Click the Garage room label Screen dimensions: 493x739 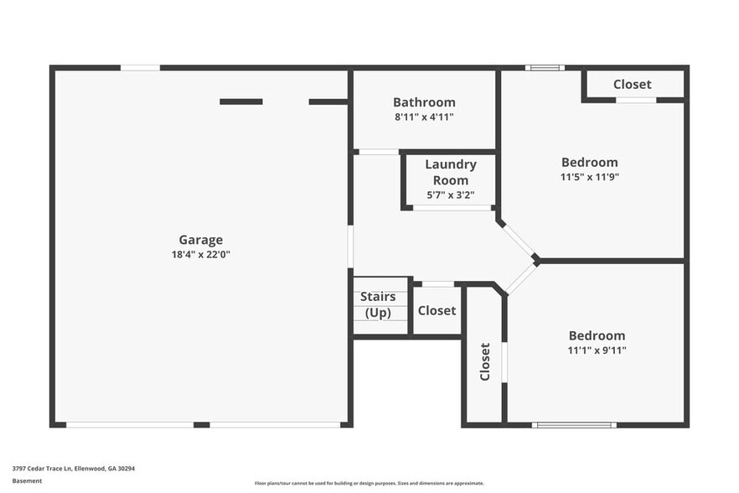click(200, 240)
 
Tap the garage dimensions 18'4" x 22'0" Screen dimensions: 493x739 click(200, 254)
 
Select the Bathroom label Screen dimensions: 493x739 click(424, 102)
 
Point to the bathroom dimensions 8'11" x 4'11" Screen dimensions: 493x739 click(424, 117)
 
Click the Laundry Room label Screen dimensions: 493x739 click(451, 172)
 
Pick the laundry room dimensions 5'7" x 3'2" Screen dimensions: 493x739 click(451, 195)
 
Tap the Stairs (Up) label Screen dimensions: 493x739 click(378, 304)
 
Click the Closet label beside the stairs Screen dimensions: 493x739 click(437, 310)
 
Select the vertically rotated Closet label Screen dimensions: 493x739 click(484, 361)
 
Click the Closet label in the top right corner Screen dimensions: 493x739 click(632, 84)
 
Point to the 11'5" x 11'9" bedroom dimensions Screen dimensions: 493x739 click(589, 177)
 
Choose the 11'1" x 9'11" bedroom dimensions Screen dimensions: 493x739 click(597, 350)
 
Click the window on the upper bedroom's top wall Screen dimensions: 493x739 click(545, 67)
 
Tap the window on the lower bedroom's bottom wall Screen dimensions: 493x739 click(575, 425)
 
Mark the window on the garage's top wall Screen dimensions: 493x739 click(140, 67)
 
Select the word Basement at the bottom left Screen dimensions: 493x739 click(26, 482)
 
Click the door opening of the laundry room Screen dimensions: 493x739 click(452, 207)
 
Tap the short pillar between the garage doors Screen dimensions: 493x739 click(201, 425)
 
